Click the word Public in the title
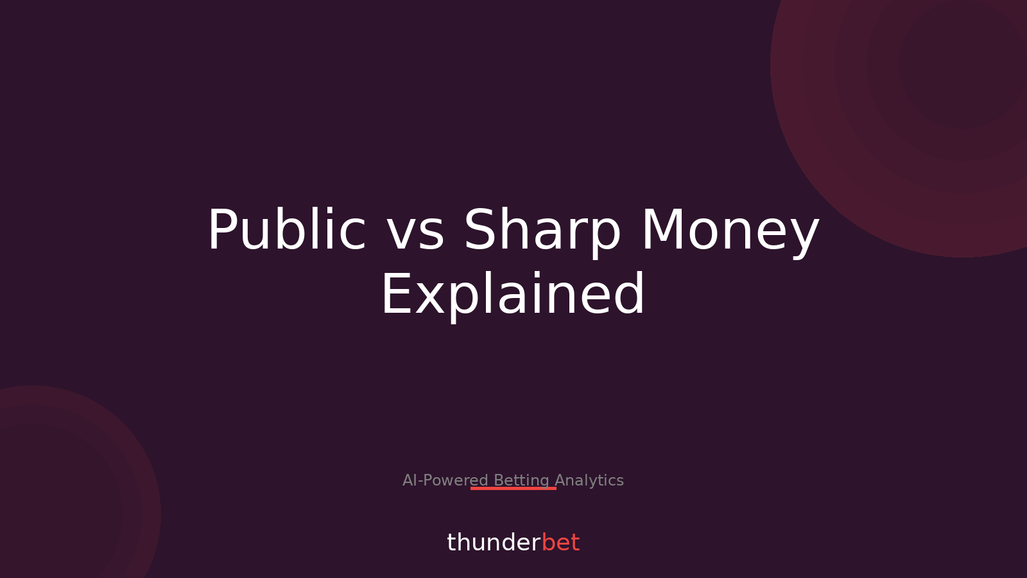(x=286, y=230)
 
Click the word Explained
(x=513, y=295)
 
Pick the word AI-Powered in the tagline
(x=445, y=480)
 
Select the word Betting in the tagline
(x=521, y=480)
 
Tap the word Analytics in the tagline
(x=589, y=480)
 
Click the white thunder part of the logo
(x=494, y=543)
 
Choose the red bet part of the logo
(x=560, y=543)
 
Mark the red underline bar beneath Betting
(x=513, y=489)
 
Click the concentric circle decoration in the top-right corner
(x=950, y=77)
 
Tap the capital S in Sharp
(x=481, y=230)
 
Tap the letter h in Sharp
(x=517, y=230)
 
